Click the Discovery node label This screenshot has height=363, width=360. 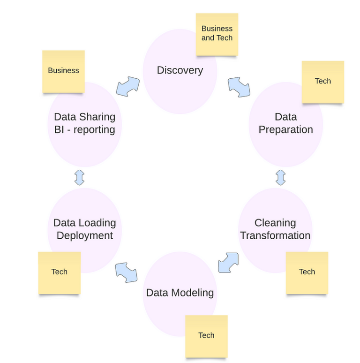[x=180, y=70]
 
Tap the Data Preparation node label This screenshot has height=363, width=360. [x=285, y=123]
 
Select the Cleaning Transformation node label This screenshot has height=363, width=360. [x=275, y=229]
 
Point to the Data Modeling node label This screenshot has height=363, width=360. [x=180, y=293]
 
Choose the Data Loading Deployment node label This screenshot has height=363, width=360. [x=85, y=229]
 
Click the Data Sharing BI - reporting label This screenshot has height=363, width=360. [x=84, y=123]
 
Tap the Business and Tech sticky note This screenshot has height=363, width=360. [x=217, y=34]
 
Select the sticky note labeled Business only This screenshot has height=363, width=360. [x=63, y=71]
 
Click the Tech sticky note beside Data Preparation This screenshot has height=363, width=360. [x=322, y=82]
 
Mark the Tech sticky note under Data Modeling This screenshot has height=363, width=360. [x=206, y=336]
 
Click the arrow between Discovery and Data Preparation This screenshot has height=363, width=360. [x=239, y=87]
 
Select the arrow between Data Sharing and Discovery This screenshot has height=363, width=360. [x=127, y=87]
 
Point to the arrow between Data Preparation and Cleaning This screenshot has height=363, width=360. [x=281, y=177]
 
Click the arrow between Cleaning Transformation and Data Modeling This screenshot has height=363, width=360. [x=228, y=263]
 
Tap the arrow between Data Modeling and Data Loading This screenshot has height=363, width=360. [x=126, y=272]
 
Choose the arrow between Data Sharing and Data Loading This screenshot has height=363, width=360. [x=79, y=177]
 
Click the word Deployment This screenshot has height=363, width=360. [x=85, y=235]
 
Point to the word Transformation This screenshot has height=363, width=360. [x=275, y=235]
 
